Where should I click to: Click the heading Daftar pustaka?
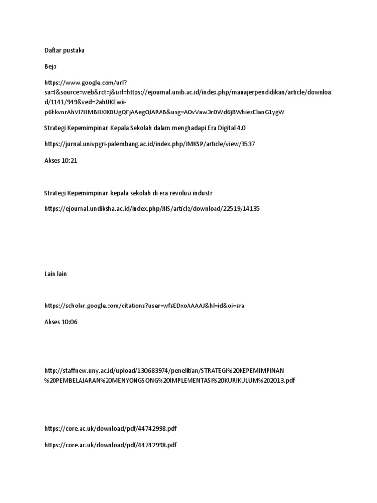coord(64,50)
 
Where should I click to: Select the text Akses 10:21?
coord(61,160)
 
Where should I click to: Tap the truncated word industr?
coord(205,192)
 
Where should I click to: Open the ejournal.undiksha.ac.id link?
coord(152,208)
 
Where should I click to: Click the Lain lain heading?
coord(55,273)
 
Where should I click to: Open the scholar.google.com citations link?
coord(144,306)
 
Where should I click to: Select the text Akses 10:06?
coord(61,322)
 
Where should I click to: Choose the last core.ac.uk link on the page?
coord(110,445)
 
